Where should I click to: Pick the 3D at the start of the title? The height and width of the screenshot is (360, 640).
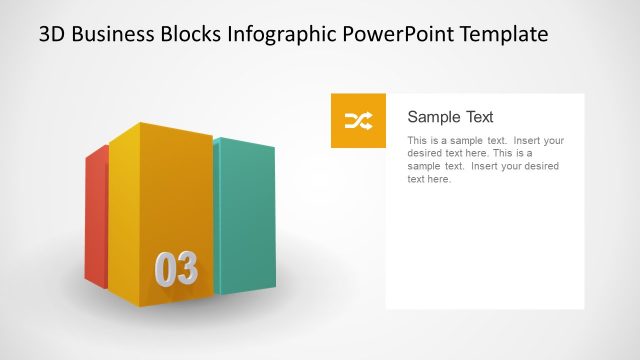coord(53,34)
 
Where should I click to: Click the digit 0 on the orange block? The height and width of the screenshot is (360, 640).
coord(165,269)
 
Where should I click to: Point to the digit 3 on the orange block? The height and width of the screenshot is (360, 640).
coord(187,269)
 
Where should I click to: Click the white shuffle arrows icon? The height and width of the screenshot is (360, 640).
coord(358,121)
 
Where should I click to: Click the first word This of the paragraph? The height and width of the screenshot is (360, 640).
coord(418,141)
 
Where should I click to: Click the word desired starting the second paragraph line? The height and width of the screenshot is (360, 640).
coord(425,154)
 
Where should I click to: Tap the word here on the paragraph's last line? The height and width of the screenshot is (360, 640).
coord(440,180)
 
